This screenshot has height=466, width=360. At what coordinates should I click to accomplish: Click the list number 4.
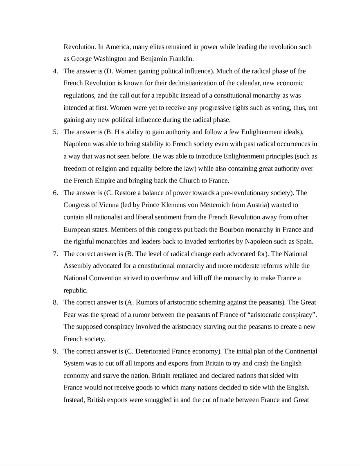coord(55,71)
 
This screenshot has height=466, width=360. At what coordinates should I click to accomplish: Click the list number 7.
coord(55,254)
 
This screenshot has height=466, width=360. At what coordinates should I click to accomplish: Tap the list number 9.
coord(55,351)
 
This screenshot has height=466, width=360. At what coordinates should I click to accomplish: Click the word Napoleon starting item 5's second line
coord(76,144)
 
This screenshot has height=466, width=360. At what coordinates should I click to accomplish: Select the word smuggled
coord(158,400)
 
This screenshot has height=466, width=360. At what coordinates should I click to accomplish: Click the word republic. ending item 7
coord(76,290)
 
